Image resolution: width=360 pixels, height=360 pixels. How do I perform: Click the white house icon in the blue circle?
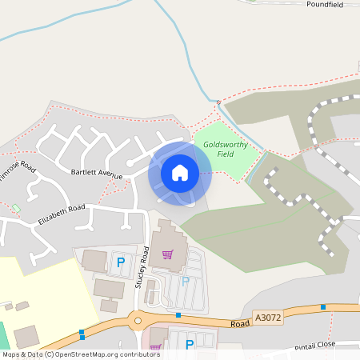(180, 172)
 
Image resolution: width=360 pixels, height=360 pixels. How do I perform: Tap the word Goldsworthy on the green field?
(226, 144)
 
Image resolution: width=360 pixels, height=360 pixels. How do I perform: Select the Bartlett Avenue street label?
(96, 173)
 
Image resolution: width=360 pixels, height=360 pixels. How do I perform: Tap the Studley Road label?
(145, 266)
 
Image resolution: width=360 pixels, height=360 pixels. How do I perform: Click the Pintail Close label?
(317, 346)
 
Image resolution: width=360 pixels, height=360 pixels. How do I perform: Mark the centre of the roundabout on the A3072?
(138, 320)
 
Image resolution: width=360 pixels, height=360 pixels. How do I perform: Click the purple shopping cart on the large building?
(167, 254)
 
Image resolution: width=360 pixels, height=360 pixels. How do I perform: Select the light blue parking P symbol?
(186, 281)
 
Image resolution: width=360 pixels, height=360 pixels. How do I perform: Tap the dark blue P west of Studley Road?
(122, 262)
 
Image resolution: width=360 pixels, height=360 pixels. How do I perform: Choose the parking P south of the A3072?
(190, 345)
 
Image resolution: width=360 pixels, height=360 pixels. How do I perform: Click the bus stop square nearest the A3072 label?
(323, 307)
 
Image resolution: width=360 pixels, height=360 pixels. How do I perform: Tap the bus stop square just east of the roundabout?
(178, 315)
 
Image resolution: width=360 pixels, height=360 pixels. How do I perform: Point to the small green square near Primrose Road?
(15, 209)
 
